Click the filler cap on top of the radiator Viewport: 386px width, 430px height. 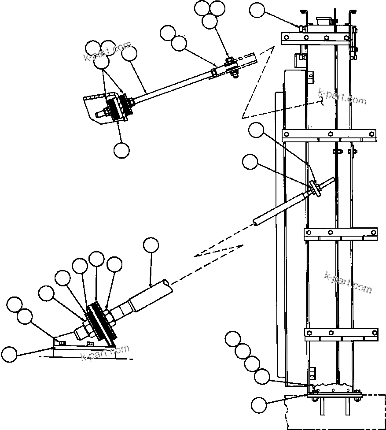click(x=324, y=20)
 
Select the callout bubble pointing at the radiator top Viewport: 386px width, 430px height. click(x=257, y=11)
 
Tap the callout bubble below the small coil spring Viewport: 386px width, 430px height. click(x=121, y=150)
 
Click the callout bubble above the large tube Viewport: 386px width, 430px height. click(x=151, y=245)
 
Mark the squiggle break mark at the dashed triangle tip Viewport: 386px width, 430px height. click(x=323, y=102)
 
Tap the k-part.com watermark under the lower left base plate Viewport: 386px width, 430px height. click(x=106, y=353)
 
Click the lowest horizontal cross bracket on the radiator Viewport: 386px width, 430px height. click(x=341, y=334)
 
